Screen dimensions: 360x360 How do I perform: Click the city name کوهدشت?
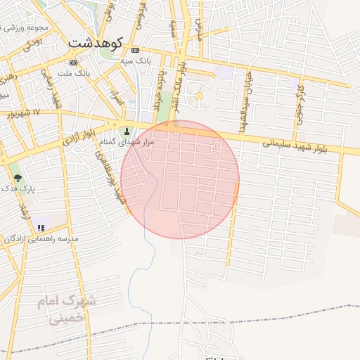(x=95, y=43)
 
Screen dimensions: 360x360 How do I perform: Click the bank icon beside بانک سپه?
(x=135, y=51)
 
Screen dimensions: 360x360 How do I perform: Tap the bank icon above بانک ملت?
(x=74, y=63)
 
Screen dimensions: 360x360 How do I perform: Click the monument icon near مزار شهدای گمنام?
(x=127, y=131)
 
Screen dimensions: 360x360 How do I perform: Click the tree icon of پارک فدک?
(x=18, y=178)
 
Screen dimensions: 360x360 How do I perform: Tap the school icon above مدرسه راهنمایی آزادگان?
(x=41, y=228)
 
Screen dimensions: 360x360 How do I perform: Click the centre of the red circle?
(x=180, y=180)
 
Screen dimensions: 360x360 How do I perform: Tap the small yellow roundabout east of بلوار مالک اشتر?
(x=198, y=96)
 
